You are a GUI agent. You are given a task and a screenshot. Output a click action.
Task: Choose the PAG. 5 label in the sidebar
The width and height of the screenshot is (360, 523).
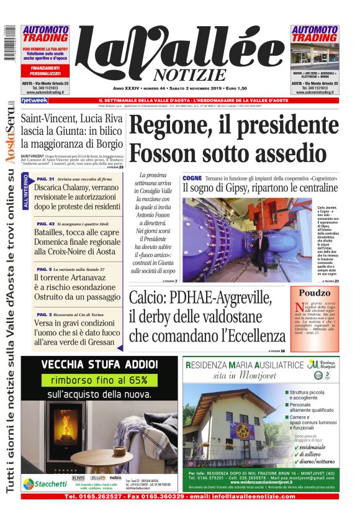(43, 269)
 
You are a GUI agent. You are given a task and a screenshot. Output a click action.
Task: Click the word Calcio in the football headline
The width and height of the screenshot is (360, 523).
(149, 299)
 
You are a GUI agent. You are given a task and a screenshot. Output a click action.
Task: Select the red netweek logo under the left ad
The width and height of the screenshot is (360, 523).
(34, 101)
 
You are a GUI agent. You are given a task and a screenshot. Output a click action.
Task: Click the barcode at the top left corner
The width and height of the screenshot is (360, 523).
(7, 43)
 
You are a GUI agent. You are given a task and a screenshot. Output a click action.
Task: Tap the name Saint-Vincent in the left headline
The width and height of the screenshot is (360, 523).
(45, 120)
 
